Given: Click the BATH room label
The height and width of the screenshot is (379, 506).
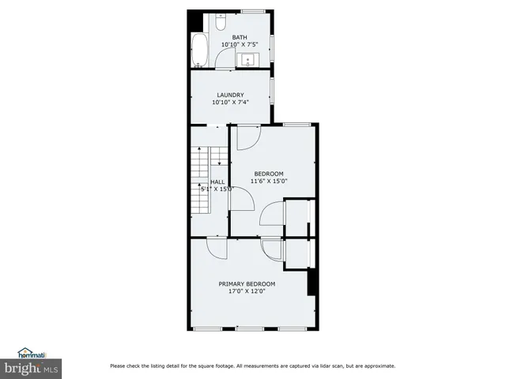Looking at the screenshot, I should click(240, 37).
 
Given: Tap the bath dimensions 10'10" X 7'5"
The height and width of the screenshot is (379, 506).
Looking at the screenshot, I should click(240, 45).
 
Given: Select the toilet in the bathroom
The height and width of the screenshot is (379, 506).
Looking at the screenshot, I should click(220, 18).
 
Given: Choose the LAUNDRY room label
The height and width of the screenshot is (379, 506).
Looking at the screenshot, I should click(231, 95).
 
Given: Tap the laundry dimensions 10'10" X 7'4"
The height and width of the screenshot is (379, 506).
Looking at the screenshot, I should click(231, 103).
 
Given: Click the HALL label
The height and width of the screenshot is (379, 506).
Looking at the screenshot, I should click(217, 182).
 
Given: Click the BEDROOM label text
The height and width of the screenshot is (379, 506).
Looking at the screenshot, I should click(268, 174).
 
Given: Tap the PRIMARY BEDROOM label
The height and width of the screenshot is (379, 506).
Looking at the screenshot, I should click(247, 283).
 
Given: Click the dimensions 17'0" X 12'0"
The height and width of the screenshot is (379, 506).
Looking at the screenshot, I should click(247, 291).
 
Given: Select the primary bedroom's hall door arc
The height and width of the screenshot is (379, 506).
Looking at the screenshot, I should click(217, 248).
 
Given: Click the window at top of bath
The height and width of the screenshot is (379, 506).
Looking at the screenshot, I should click(253, 9).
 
